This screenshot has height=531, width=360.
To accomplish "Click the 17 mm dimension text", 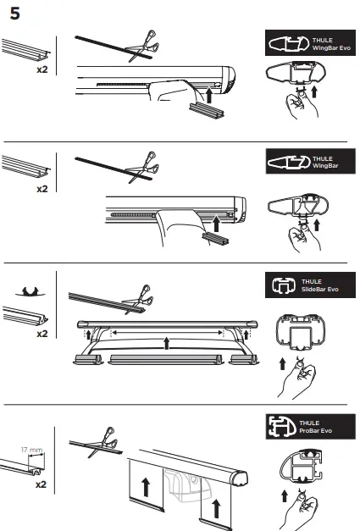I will [31, 451].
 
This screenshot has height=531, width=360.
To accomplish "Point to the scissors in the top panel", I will [141, 44].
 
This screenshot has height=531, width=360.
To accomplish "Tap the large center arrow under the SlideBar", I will [167, 343].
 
